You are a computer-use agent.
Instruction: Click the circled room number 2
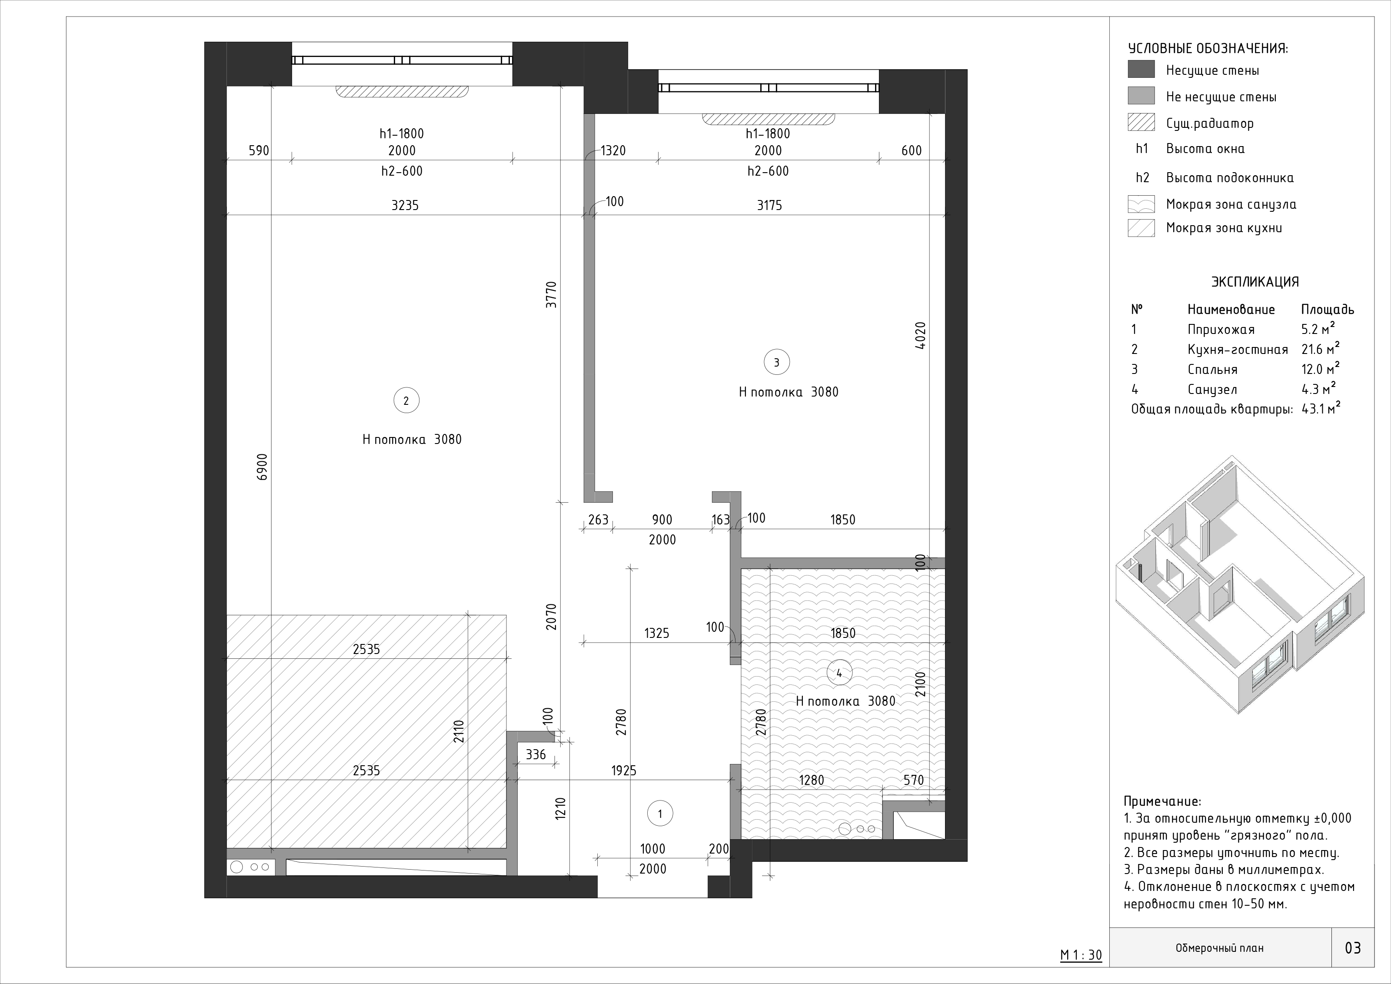[x=406, y=400]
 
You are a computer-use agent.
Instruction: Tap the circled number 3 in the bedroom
[x=777, y=362]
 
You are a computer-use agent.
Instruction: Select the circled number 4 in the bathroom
[x=839, y=673]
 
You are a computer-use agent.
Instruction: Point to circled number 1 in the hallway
[x=660, y=814]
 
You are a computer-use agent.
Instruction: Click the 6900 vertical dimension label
[x=262, y=467]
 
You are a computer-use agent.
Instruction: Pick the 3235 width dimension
[x=405, y=205]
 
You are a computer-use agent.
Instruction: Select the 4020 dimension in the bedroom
[x=920, y=335]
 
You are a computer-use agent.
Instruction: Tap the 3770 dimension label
[x=551, y=294]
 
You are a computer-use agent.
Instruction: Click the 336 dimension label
[x=536, y=754]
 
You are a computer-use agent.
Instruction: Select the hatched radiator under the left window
[x=402, y=91]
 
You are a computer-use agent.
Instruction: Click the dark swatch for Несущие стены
[x=1141, y=70]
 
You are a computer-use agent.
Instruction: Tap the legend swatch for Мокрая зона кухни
[x=1141, y=228]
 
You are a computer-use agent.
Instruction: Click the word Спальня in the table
[x=1212, y=370]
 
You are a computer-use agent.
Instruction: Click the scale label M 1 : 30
[x=1081, y=956]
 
